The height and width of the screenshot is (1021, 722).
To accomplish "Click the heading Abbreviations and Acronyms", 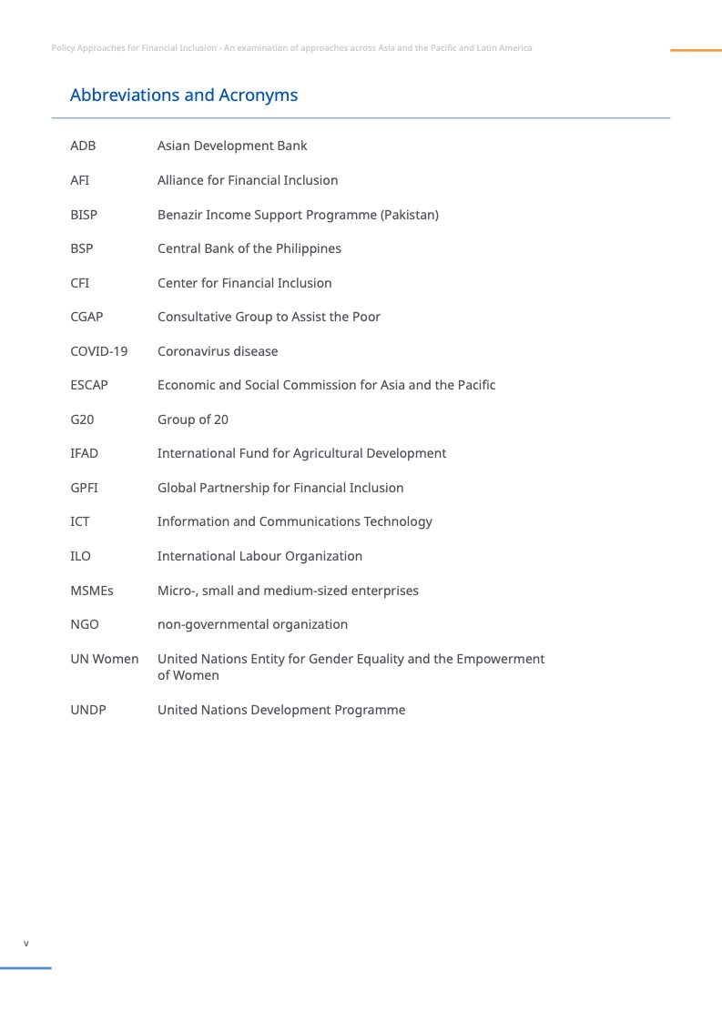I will (x=183, y=96).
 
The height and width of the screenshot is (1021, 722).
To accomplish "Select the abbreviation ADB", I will (x=83, y=146).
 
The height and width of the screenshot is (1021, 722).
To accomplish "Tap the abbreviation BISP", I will (x=84, y=215).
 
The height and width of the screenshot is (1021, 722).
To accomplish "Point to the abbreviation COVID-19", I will (x=98, y=351).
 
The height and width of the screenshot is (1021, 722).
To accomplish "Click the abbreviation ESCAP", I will (x=89, y=385).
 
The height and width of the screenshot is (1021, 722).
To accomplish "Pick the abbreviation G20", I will (x=82, y=420).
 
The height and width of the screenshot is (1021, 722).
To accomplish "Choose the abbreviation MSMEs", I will (x=92, y=591).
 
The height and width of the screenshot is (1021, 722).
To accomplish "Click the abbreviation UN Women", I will (x=104, y=659).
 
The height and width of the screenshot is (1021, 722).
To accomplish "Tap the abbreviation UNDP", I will (x=88, y=710).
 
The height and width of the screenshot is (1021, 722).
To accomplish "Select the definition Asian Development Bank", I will (x=232, y=146).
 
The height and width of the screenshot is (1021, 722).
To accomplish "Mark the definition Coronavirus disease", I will (x=218, y=351).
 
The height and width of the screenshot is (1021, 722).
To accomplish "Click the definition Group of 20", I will (x=193, y=420).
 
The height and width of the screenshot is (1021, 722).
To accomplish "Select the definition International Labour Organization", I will (x=259, y=556).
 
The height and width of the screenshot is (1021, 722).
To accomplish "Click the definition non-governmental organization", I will (x=252, y=624).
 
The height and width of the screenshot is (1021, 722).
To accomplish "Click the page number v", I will (x=26, y=944).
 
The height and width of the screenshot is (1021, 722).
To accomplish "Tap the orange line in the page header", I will (x=696, y=50).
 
